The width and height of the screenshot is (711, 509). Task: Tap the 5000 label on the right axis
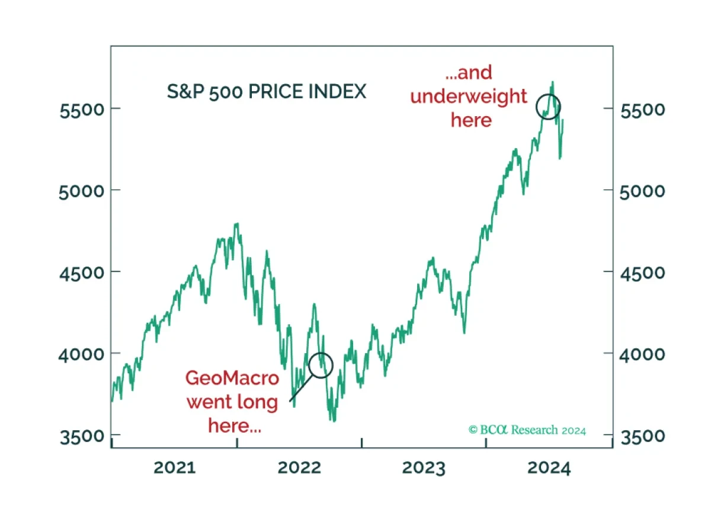point(642,192)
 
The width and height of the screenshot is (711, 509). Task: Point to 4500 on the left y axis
point(82,273)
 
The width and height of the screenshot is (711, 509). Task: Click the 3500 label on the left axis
point(82,437)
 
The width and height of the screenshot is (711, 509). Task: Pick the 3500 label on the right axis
point(642,437)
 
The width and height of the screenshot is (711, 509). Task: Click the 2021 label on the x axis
point(175,468)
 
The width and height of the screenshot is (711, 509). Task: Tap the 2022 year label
point(299,468)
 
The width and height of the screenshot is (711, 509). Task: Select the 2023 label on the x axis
point(424,468)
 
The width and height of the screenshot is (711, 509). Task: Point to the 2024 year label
point(549,468)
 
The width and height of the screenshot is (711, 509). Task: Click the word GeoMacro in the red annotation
point(232,378)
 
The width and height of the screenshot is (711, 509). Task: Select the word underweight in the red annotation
point(469,97)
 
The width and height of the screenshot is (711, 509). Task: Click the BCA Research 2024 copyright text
point(527,430)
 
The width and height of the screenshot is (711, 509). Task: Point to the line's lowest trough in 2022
point(333,421)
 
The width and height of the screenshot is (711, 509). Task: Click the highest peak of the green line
point(553,82)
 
